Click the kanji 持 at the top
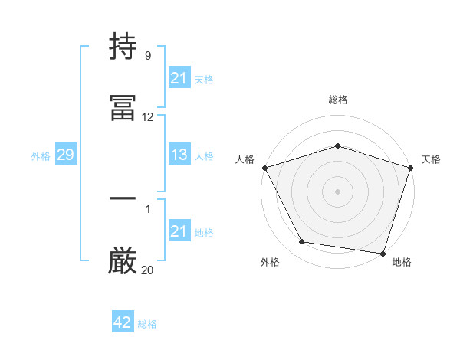click(x=123, y=47)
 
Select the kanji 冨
click(x=123, y=107)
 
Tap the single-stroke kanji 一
click(x=123, y=199)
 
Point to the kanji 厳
click(x=123, y=260)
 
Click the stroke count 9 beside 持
click(x=147, y=56)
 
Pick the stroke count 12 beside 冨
click(x=147, y=117)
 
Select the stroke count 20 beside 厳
click(x=147, y=270)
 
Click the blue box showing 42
click(x=123, y=323)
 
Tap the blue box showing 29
click(x=65, y=155)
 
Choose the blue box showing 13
click(x=179, y=155)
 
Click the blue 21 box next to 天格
click(x=179, y=78)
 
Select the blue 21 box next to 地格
click(x=179, y=231)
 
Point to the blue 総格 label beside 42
click(x=147, y=324)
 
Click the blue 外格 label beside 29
click(x=41, y=156)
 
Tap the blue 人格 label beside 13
click(x=204, y=156)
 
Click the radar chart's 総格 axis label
click(x=337, y=100)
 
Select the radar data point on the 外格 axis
click(x=302, y=242)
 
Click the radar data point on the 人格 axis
click(x=264, y=168)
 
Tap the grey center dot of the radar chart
click(x=337, y=191)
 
